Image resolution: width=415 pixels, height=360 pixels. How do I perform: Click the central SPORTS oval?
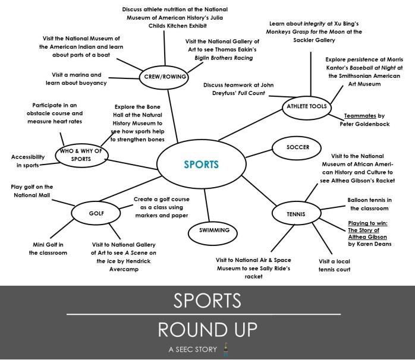point(202,164)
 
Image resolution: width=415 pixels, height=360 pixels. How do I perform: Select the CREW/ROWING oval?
point(164,77)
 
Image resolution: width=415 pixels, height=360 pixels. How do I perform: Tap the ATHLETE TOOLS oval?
point(306,108)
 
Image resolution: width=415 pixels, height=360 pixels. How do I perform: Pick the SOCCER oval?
point(297,148)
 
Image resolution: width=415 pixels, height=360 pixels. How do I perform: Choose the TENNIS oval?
point(297,213)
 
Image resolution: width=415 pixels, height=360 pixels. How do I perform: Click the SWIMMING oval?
point(213,233)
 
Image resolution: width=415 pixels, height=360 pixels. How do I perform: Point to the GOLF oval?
point(96,213)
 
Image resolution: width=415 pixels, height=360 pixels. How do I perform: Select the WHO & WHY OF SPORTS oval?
point(82,156)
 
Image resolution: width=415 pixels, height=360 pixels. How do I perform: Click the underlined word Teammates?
point(360,116)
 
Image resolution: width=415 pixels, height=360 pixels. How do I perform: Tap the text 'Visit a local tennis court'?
point(334,266)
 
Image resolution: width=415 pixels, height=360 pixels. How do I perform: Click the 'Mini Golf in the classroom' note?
point(48,249)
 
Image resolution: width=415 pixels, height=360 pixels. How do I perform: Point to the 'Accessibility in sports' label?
point(28,161)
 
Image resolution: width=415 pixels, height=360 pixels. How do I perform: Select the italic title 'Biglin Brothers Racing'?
point(224,58)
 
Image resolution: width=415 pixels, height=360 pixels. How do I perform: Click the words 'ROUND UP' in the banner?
point(207,329)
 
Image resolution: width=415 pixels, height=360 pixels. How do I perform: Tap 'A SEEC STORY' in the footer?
point(193,349)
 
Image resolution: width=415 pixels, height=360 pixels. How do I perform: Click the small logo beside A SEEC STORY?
point(225,349)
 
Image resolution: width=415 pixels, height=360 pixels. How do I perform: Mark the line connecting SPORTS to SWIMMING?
point(207,205)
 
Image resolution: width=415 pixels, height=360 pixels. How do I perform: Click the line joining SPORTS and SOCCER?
point(259,154)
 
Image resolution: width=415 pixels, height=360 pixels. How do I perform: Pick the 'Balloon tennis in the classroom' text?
point(369,204)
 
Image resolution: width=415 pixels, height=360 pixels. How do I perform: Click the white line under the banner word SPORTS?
point(203,314)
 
